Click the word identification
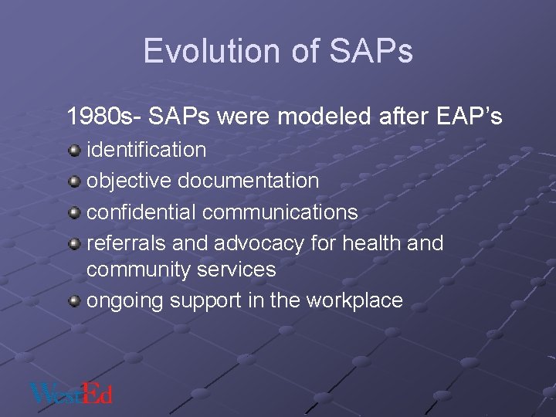(146, 150)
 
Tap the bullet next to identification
(74, 149)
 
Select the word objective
(129, 181)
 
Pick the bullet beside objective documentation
(74, 181)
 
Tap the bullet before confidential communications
(74, 212)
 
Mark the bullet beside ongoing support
(74, 300)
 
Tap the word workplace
(354, 301)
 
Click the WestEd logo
(71, 393)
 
